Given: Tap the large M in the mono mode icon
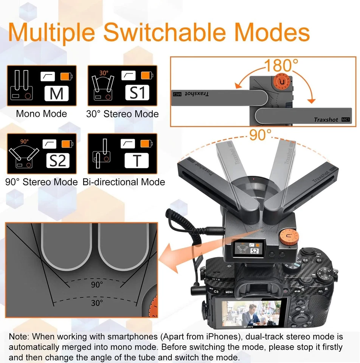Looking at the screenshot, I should pos(56,93).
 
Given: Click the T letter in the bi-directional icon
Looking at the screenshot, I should pos(137,161).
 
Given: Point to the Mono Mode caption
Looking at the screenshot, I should pos(41,114).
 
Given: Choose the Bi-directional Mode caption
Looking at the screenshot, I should pos(124,182).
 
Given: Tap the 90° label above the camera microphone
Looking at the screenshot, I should pos(260,135).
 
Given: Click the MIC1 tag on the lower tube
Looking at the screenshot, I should pos(345,119).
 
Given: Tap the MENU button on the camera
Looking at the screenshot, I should pos(229,292).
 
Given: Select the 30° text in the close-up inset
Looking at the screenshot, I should pos(97,303).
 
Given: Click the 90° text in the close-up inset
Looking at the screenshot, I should pos(97,285).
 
